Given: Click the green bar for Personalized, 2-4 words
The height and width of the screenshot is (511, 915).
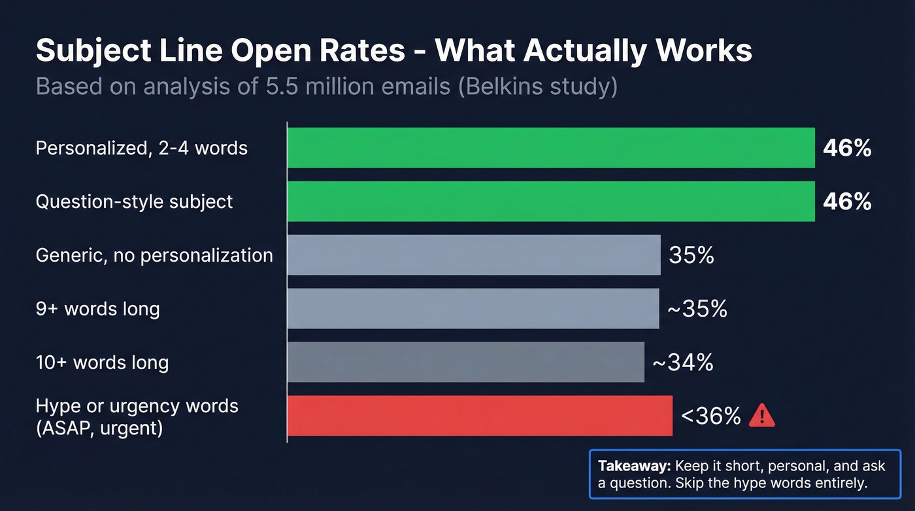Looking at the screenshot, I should click(551, 148).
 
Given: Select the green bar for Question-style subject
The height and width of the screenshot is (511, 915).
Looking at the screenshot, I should click(551, 202).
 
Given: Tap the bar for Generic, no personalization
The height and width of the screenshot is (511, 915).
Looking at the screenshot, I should click(474, 255).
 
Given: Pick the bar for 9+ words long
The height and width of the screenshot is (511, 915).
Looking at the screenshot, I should click(473, 308).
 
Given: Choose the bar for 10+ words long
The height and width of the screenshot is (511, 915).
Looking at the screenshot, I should click(465, 362).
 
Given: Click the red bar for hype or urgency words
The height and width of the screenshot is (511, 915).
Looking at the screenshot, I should click(480, 415).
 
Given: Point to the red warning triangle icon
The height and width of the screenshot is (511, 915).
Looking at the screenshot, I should click(761, 415).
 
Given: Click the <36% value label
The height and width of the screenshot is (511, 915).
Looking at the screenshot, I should click(711, 415).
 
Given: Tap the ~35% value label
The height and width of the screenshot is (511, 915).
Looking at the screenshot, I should click(697, 308).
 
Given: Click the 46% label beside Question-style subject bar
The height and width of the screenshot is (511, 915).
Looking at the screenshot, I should click(847, 202).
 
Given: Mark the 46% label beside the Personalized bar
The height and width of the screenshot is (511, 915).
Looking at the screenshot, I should click(847, 148).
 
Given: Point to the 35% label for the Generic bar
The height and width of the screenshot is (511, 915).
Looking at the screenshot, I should click(691, 255).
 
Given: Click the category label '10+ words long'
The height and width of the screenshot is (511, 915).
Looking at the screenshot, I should click(102, 362).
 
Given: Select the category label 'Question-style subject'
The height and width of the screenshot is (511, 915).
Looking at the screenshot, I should click(134, 202).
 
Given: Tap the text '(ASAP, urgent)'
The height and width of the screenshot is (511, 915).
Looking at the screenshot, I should click(99, 429).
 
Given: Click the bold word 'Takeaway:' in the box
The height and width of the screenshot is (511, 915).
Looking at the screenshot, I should click(634, 466).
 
